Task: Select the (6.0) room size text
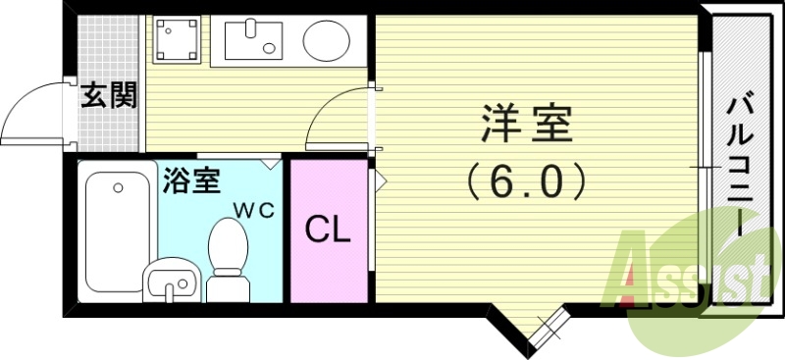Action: click(527, 180)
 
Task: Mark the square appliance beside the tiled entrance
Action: click(178, 40)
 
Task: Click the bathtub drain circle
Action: click(118, 186)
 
